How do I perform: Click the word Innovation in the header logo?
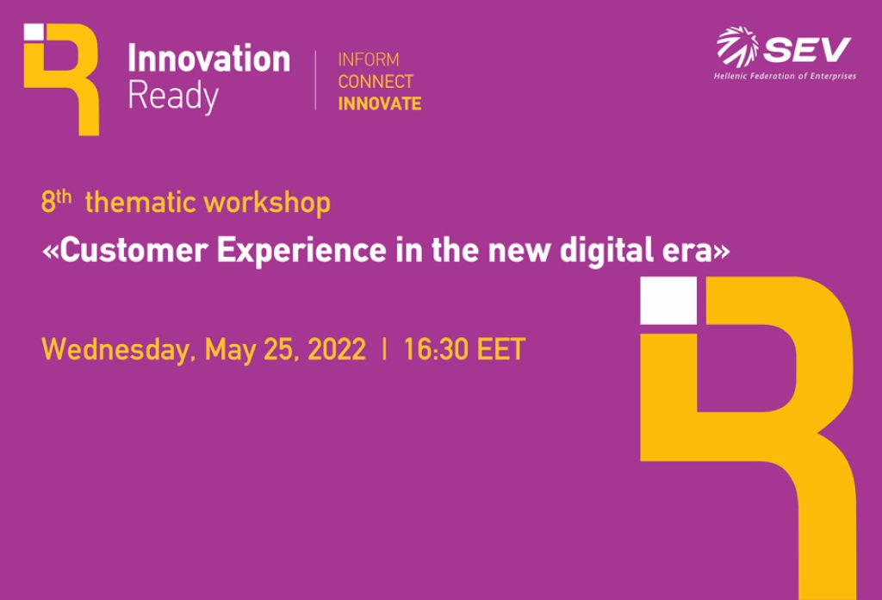(208, 59)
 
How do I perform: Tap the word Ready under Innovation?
(172, 96)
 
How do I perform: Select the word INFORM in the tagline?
(369, 60)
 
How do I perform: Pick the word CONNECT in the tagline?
(376, 82)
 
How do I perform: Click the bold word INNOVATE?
(380, 103)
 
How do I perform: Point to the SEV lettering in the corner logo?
(807, 49)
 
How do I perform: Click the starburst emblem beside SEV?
(737, 47)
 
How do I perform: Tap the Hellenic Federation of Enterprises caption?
(785, 76)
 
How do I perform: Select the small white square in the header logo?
(34, 32)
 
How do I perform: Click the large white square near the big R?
(668, 301)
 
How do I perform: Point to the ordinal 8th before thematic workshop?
(56, 202)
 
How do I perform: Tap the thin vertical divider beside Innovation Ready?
(316, 80)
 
